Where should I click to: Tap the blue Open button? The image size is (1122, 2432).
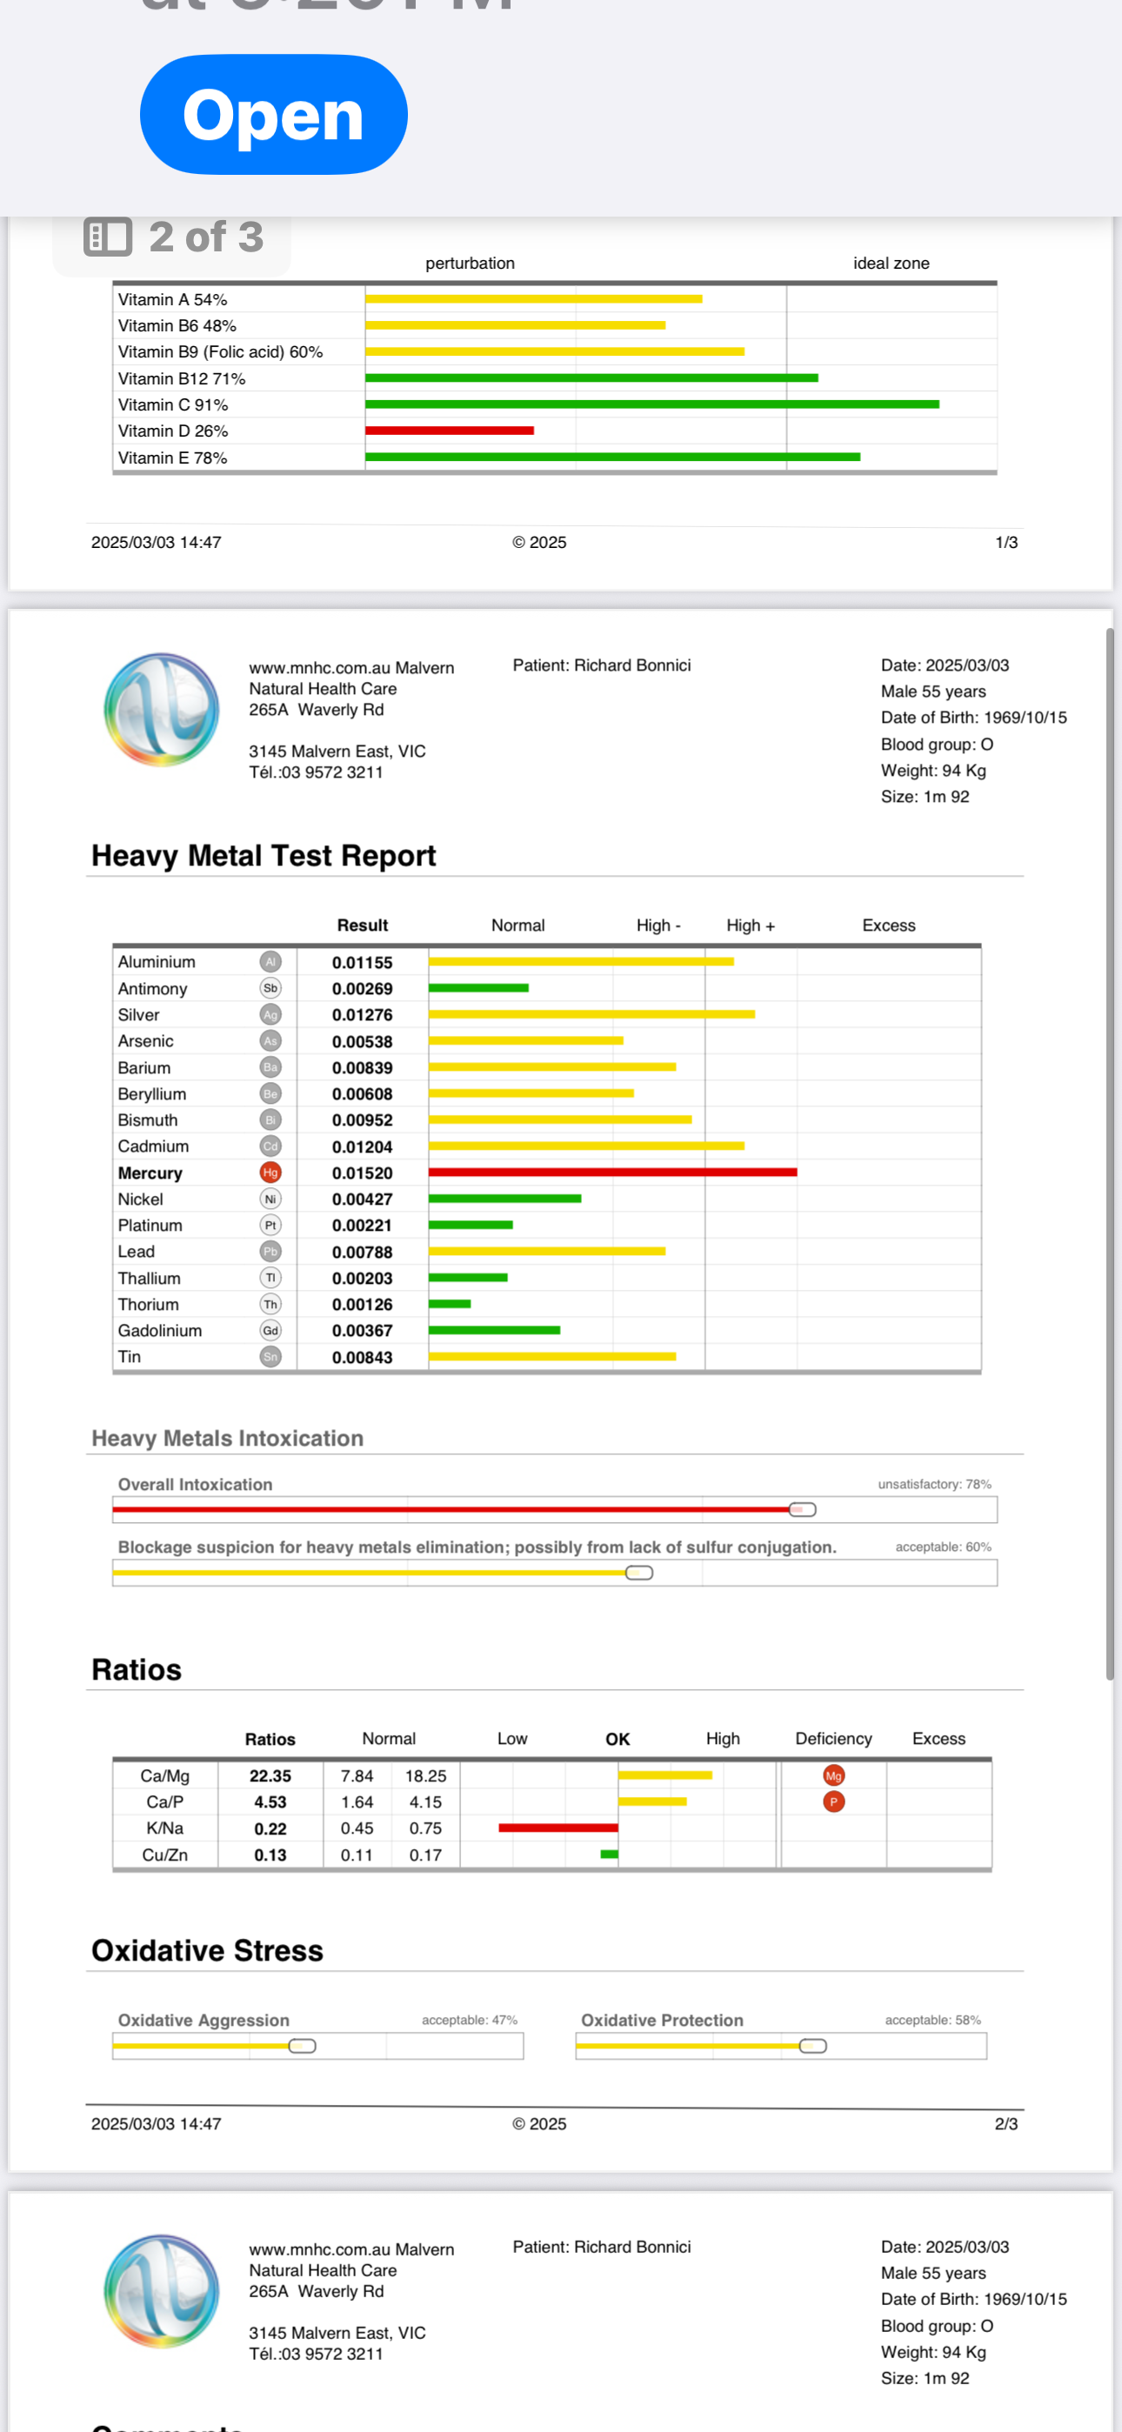tap(273, 114)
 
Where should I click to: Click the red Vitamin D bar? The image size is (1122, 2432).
tap(449, 431)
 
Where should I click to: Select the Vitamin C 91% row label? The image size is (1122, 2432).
tap(173, 405)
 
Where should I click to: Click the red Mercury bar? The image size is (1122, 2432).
tap(612, 1173)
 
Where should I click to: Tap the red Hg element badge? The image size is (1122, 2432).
tap(270, 1173)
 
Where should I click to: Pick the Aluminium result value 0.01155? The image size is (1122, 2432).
tap(362, 963)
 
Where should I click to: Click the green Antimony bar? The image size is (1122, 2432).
tap(478, 988)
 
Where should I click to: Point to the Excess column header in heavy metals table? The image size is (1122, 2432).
tap(888, 925)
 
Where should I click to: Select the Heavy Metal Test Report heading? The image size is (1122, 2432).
tap(264, 855)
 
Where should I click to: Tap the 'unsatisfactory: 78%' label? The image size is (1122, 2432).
tap(934, 1484)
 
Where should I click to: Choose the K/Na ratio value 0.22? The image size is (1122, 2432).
tap(270, 1828)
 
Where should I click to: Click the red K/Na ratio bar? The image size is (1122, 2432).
tap(558, 1827)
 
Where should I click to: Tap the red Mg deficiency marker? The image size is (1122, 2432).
tap(833, 1776)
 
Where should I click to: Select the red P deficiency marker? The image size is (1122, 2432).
tap(833, 1802)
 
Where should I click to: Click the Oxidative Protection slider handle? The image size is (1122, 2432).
tap(812, 2046)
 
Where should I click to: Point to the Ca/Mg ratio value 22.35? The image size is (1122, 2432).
tap(270, 1776)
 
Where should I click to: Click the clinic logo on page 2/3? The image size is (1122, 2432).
tap(162, 709)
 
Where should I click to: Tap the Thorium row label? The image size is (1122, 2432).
tap(148, 1305)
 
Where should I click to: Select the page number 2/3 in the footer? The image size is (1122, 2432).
tap(1005, 2124)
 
